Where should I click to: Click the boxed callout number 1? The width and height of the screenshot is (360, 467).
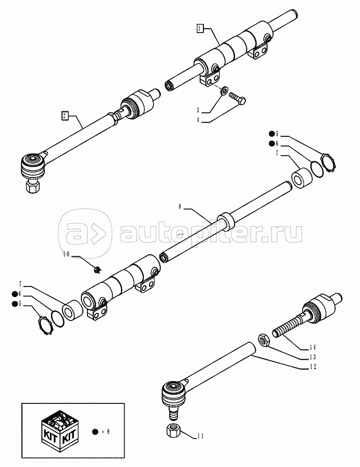(x=201, y=28)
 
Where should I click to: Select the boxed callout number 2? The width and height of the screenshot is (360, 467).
(x=65, y=115)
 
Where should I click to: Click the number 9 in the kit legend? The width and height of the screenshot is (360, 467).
(x=108, y=431)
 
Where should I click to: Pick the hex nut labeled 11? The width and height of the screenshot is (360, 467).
(x=171, y=430)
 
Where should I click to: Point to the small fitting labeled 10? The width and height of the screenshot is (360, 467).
(x=98, y=267)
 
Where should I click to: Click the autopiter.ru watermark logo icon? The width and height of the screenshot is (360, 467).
(x=85, y=233)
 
